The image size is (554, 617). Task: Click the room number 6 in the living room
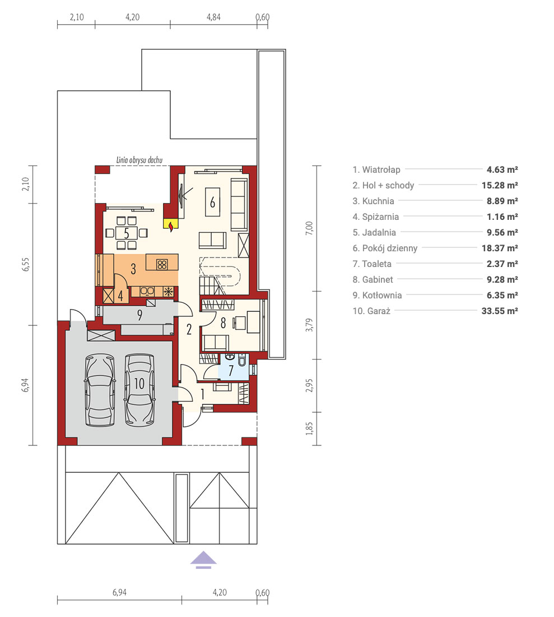click(212, 202)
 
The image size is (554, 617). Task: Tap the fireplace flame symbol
click(171, 227)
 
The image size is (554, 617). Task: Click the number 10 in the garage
click(139, 383)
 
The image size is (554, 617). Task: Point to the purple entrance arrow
click(203, 560)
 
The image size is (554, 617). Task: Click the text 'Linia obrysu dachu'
click(139, 160)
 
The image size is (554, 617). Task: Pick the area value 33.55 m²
click(500, 311)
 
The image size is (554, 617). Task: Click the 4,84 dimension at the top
click(213, 17)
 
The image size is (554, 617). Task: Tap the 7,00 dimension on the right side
click(309, 228)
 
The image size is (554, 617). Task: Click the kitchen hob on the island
click(162, 264)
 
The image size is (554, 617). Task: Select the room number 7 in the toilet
click(231, 371)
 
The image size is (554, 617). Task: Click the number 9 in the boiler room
click(140, 315)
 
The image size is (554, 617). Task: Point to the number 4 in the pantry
click(120, 296)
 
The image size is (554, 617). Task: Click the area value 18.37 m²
click(500, 248)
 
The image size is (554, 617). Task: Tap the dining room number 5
click(127, 233)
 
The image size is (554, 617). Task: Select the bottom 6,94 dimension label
click(119, 592)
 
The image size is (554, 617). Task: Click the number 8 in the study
click(223, 323)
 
